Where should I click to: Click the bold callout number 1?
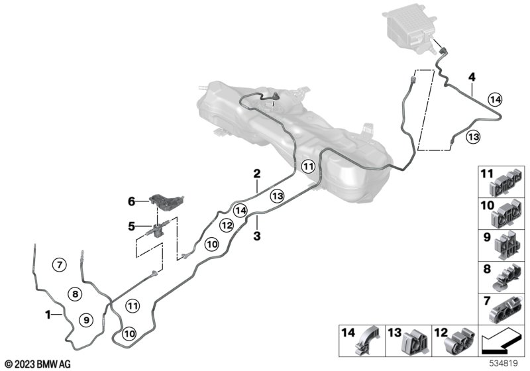click(48, 315)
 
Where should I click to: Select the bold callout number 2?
click(257, 174)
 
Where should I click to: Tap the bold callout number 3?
click(257, 236)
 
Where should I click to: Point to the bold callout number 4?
click(472, 78)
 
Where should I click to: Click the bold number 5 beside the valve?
click(131, 227)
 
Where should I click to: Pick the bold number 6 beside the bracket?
click(131, 201)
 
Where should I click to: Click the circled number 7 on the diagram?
click(60, 264)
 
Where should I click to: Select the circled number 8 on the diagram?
click(75, 294)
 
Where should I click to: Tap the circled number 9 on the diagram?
click(86, 319)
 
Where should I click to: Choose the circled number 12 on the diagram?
click(227, 225)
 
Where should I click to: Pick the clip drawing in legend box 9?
click(506, 246)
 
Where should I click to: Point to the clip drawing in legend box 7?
click(506, 310)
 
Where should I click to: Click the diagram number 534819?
click(504, 364)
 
